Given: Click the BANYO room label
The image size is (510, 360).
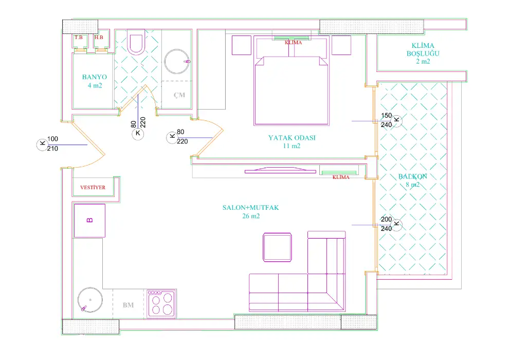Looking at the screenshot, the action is pyautogui.click(x=94, y=77).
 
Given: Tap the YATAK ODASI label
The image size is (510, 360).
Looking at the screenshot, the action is pyautogui.click(x=292, y=138).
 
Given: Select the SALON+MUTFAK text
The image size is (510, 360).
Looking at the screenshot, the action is pyautogui.click(x=250, y=208).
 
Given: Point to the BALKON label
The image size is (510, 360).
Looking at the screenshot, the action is pyautogui.click(x=412, y=176).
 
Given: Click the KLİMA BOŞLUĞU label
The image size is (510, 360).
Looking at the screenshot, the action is pyautogui.click(x=423, y=49).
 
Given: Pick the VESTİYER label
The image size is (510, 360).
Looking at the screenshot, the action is pyautogui.click(x=93, y=188).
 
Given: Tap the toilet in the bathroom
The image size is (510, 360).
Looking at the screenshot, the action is pyautogui.click(x=136, y=42).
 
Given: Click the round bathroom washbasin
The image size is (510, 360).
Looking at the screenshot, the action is pyautogui.click(x=177, y=62).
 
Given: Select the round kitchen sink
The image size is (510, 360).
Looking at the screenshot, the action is pyautogui.click(x=90, y=300).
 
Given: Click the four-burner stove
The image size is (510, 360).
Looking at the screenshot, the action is pyautogui.click(x=161, y=304).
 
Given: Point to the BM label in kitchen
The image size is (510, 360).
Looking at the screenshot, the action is pyautogui.click(x=128, y=305).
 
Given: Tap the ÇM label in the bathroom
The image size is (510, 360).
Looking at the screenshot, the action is pyautogui.click(x=179, y=95).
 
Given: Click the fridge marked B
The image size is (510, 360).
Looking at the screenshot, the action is pyautogui.click(x=89, y=221).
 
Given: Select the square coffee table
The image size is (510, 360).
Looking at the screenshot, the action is pyautogui.click(x=277, y=247).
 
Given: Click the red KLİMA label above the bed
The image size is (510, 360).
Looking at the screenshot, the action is pyautogui.click(x=294, y=43).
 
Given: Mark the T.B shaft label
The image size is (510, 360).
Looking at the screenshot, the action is pyautogui.click(x=79, y=38).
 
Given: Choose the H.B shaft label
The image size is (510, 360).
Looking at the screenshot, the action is pyautogui.click(x=99, y=38).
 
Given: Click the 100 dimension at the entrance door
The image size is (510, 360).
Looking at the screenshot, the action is pyautogui.click(x=52, y=139).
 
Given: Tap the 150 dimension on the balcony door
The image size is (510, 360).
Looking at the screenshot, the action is pyautogui.click(x=387, y=116).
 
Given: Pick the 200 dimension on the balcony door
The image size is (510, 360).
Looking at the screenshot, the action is pyautogui.click(x=387, y=220).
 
